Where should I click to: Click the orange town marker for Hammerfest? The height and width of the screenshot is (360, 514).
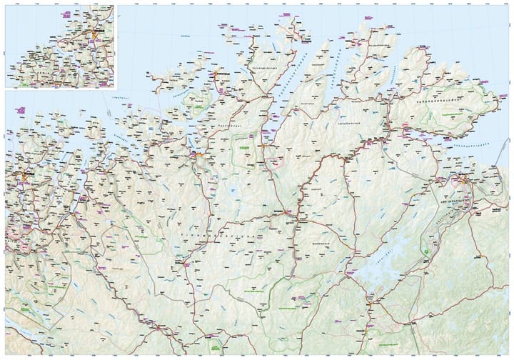pyautogui.click(x=215, y=71)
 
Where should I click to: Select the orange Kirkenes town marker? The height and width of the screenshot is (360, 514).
pyautogui.click(x=464, y=182)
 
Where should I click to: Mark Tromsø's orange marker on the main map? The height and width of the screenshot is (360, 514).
pyautogui.click(x=24, y=174)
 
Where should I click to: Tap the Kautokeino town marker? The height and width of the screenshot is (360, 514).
pyautogui.click(x=187, y=264)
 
